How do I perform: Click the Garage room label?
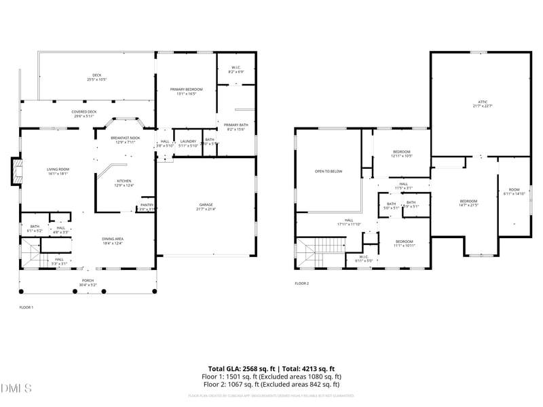(x=206, y=206)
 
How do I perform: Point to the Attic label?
(x=482, y=104)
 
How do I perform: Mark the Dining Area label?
(x=113, y=241)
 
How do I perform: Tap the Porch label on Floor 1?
(x=88, y=282)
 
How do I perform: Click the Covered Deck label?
(x=84, y=114)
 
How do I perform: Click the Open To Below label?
(x=328, y=171)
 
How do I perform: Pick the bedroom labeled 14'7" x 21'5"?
(x=468, y=203)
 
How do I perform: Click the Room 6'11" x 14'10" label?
(x=514, y=191)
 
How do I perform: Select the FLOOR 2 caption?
(x=301, y=284)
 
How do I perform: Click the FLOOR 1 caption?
(x=26, y=307)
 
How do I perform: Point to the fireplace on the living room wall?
(x=15, y=172)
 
